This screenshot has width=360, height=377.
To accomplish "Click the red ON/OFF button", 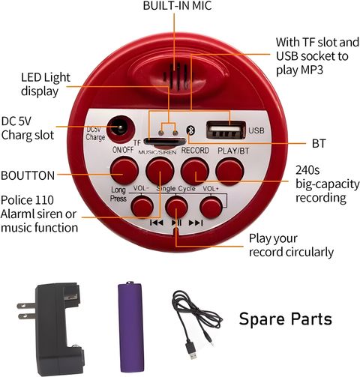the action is pos(124,171).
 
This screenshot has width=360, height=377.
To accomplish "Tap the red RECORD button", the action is pos(195,172).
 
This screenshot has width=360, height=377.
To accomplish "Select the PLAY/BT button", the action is pos(229,172).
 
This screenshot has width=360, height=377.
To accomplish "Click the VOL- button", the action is pos(142,206).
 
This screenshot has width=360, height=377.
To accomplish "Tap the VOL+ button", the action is pos(211,207).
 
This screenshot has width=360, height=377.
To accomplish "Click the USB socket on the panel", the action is pos(226,130).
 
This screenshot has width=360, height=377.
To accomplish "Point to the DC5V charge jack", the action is pos(121,129).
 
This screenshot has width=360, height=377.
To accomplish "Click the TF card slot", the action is pos(165,142).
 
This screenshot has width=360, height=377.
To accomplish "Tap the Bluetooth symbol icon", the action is pos(190,130).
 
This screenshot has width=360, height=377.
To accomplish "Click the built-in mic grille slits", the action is pos(175,76).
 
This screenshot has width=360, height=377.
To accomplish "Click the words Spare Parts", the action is pos(285,319).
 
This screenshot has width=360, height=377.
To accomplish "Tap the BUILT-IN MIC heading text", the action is pos(177,6).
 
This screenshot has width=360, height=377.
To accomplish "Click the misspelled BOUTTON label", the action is pos(28,175).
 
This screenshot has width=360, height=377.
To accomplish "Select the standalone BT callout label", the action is pos(319,143).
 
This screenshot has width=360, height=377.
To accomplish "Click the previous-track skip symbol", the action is pos(157,223).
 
